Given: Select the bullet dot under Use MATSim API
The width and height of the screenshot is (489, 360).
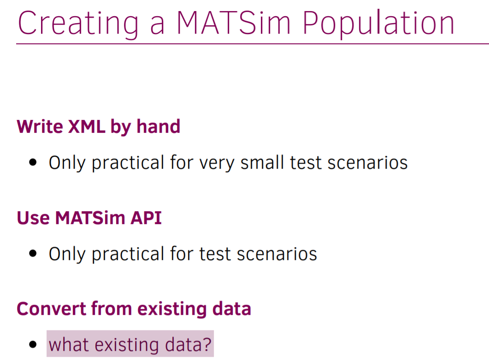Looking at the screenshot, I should [x=33, y=254].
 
